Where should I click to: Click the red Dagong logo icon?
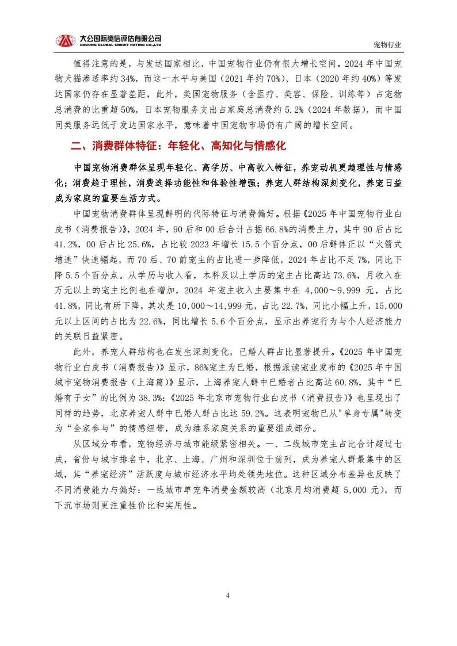65,40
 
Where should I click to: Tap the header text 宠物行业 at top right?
387,44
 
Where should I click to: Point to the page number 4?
228,595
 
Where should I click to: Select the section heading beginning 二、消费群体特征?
178,147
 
